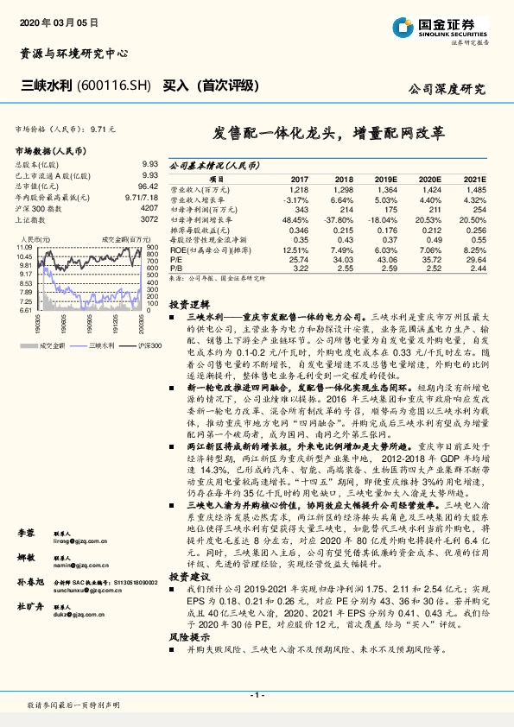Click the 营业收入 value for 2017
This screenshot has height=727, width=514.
click(x=299, y=188)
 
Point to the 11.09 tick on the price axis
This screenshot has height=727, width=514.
click(x=23, y=248)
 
